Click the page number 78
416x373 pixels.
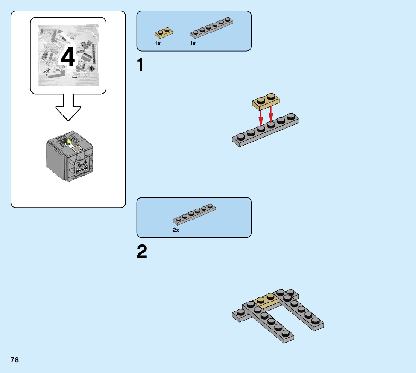pos(15,360)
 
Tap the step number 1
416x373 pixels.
pos(140,65)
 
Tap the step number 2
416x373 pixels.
pos(142,251)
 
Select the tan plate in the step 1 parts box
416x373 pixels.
pos(164,33)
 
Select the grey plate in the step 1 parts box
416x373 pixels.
pos(211,28)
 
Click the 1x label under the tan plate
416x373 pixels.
pos(158,44)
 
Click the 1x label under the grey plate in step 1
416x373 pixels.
pos(193,44)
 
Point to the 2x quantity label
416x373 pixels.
pos(176,230)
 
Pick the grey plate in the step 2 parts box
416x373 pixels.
pos(194,214)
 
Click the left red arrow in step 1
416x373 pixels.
pos(261,118)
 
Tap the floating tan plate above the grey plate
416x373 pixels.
pos(266,102)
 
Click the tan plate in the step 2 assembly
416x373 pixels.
pos(266,300)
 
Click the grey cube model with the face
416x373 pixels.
pos(70,156)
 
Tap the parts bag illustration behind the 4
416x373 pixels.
pos(68,55)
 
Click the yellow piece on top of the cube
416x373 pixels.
pos(70,141)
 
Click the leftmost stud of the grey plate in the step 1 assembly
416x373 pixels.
pos(241,137)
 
